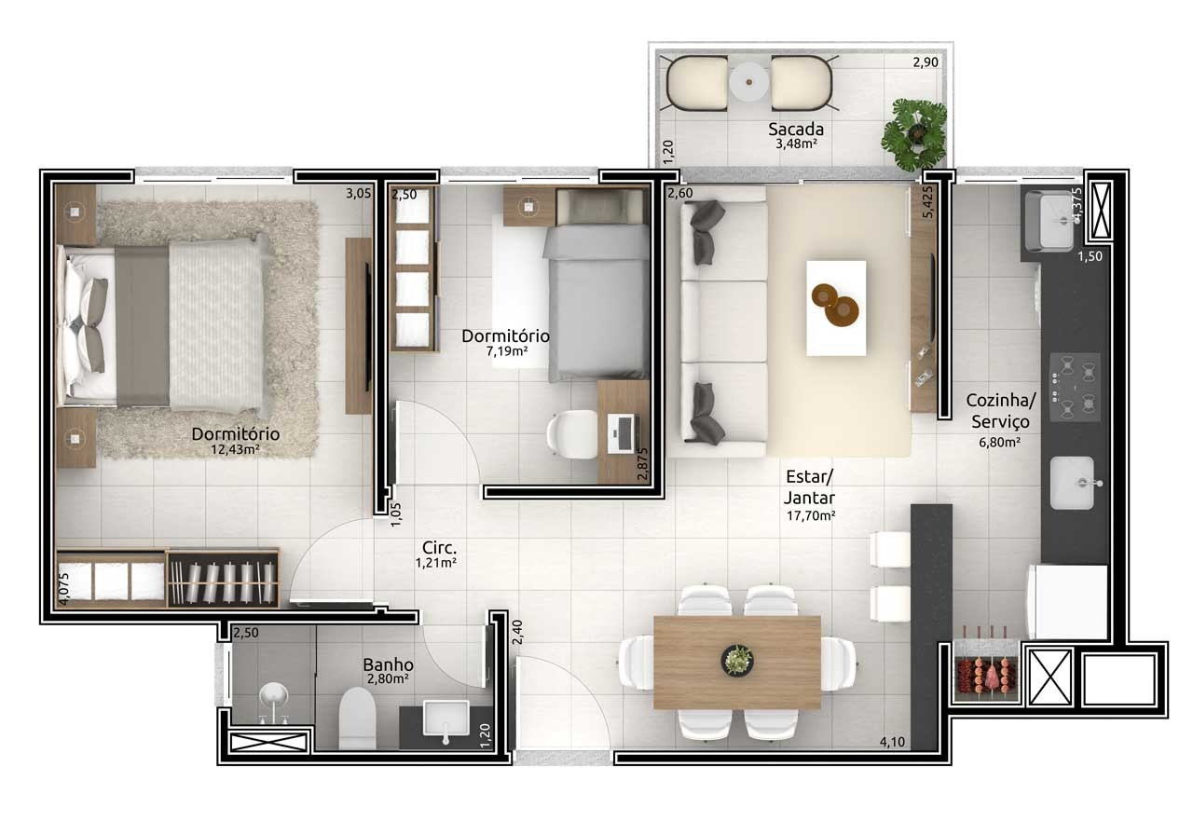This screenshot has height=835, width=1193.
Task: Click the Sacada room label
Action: coord(796,129)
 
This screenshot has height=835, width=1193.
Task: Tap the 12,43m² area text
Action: coord(235,449)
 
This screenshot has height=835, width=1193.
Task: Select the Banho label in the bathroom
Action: coord(389,664)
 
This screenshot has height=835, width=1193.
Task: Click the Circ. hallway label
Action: coord(439,547)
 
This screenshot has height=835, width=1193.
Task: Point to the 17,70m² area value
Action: coord(811,515)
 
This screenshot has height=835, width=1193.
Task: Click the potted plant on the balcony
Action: coord(914,134)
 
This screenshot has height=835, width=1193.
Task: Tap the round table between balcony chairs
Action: coord(749,82)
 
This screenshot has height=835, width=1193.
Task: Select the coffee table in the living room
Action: coord(836,308)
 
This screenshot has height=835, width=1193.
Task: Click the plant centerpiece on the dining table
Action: coord(737,661)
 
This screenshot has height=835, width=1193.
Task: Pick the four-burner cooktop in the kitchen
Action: coord(1075,387)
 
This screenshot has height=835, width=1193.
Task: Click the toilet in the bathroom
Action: coord(357,718)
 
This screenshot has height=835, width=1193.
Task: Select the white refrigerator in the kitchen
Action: coord(1068,602)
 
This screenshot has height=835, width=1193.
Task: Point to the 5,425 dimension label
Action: coord(928,201)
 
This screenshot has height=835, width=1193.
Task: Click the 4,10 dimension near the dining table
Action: coord(892,742)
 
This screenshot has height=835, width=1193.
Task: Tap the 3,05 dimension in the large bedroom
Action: coord(358,193)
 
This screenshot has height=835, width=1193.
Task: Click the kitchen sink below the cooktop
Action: coord(1073,483)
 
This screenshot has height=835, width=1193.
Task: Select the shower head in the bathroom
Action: coord(274,696)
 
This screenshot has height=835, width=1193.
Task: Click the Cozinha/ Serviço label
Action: coord(1000,411)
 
